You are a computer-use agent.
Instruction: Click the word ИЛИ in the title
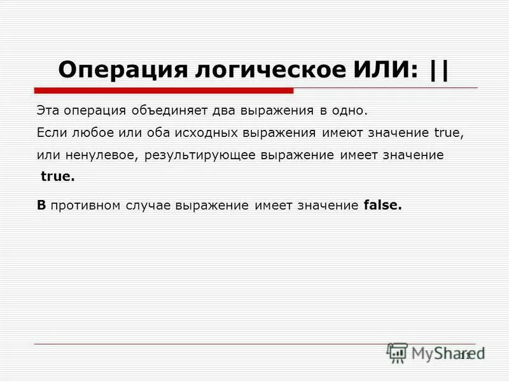(386, 69)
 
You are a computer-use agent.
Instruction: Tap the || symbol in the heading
(438, 69)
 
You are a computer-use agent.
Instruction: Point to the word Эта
(48, 111)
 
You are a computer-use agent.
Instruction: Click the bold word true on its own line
(57, 178)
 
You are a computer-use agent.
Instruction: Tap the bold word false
(383, 206)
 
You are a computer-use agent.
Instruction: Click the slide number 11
(464, 355)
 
